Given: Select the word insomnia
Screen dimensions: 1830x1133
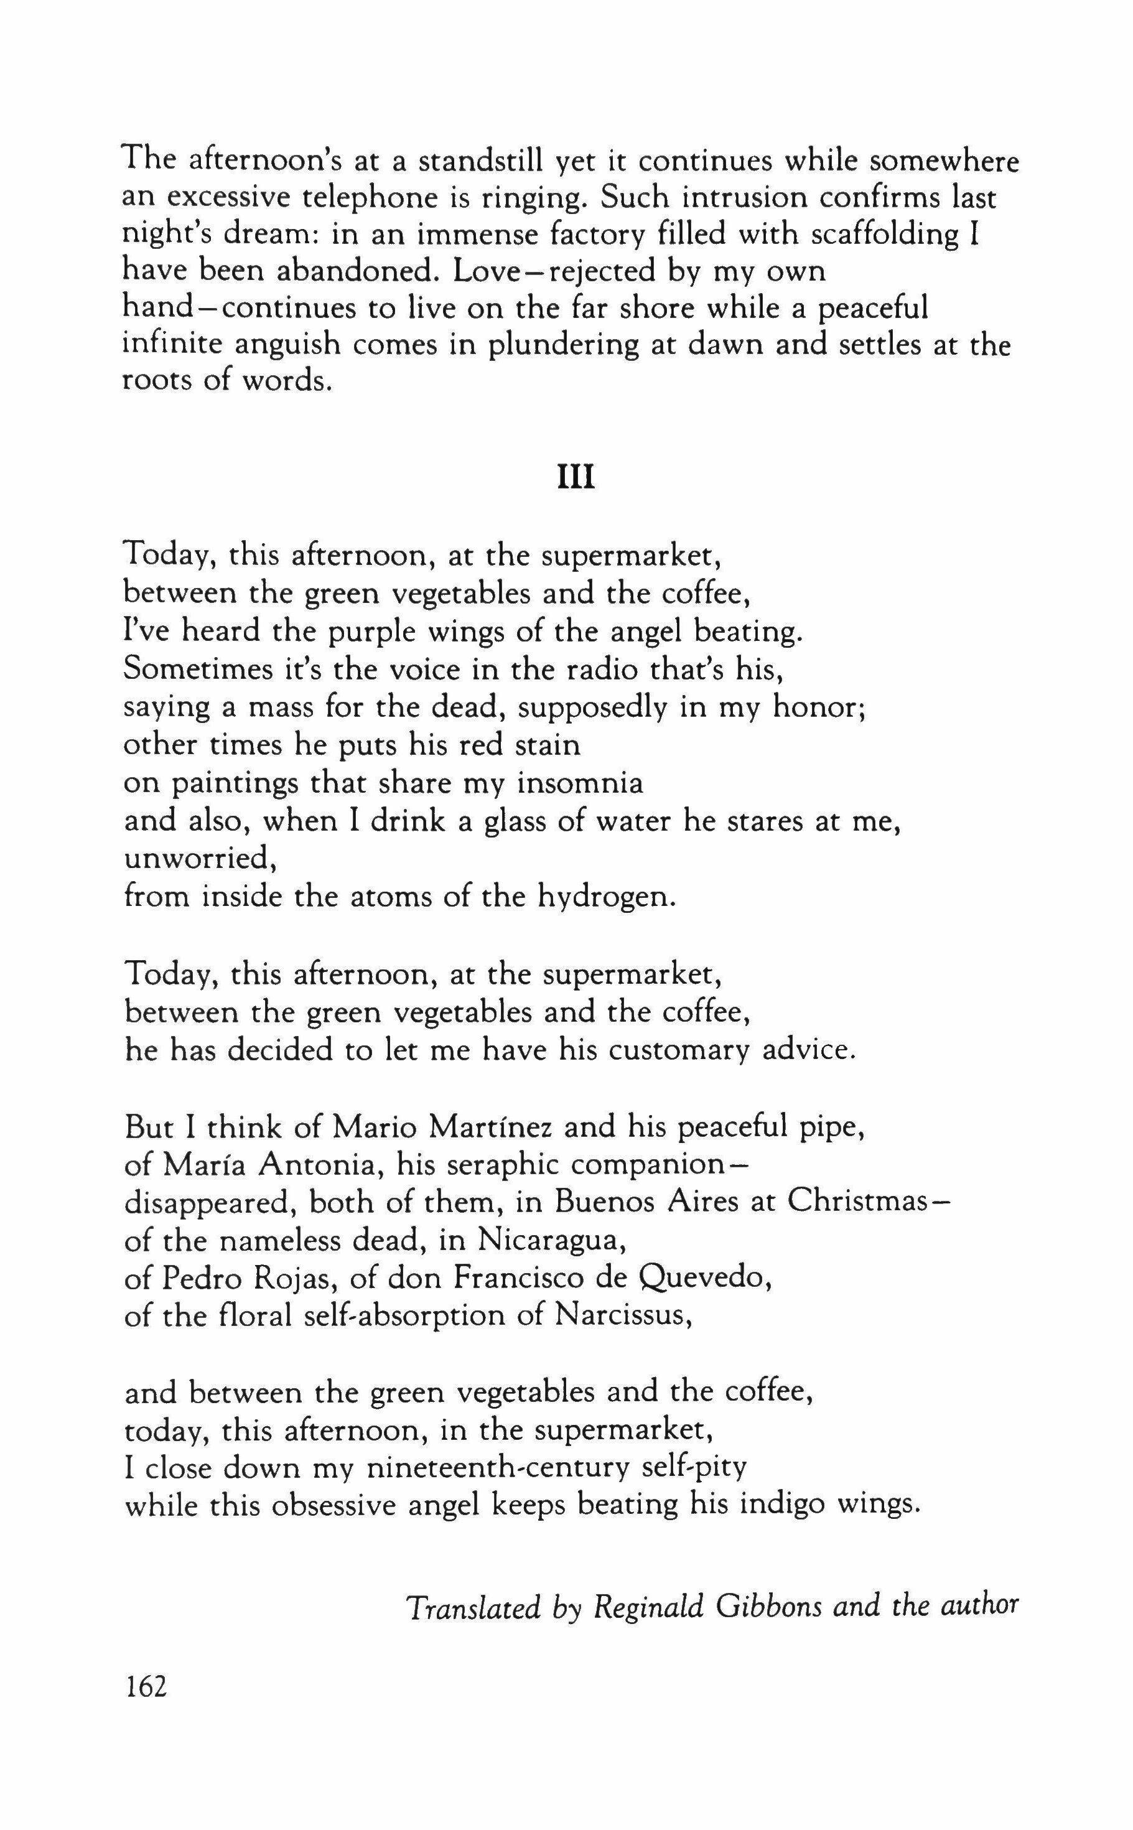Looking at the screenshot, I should (x=580, y=783).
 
